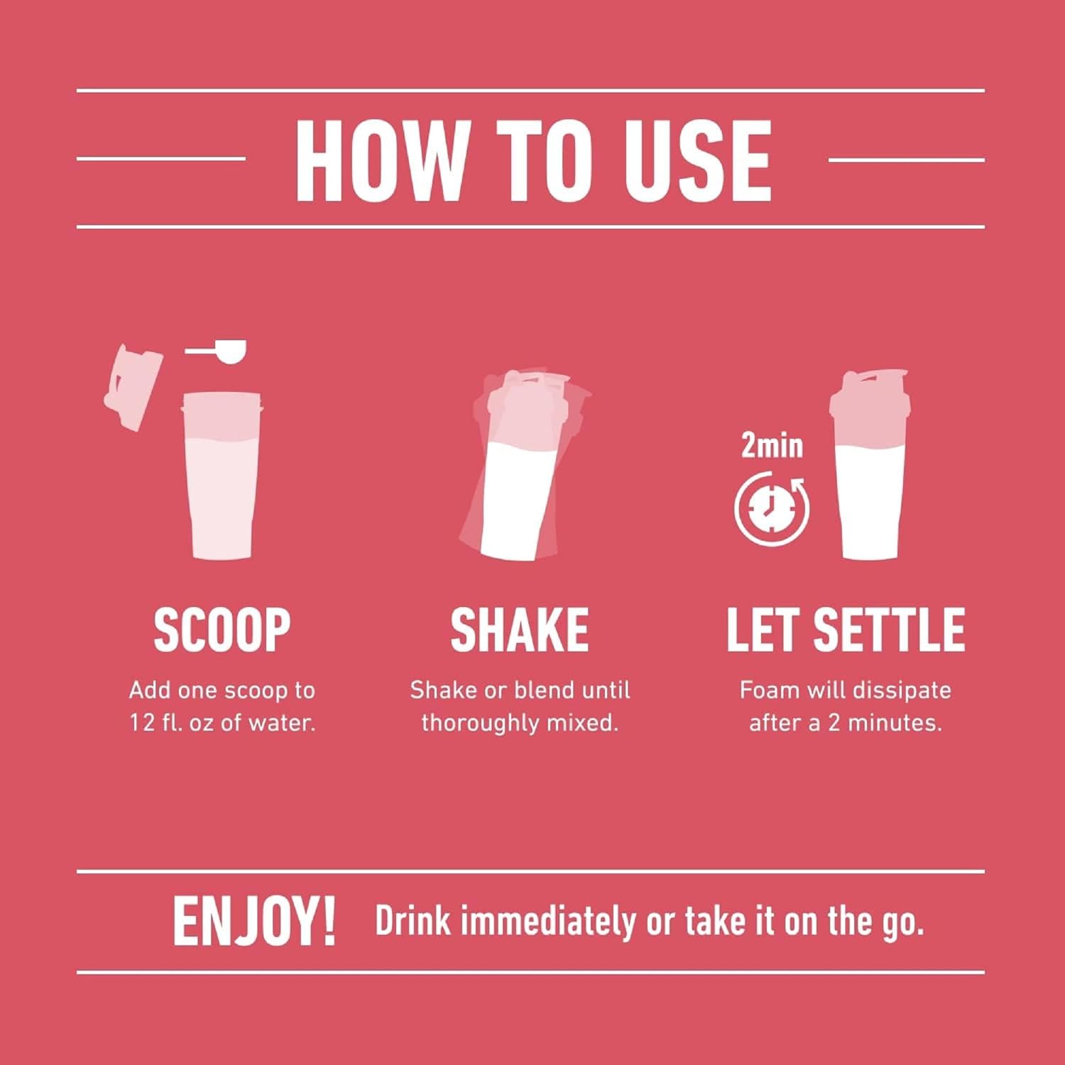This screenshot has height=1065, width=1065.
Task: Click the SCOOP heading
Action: tap(222, 629)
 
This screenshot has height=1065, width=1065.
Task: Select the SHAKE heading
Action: tap(519, 629)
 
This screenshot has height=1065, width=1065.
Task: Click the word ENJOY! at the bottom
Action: tap(253, 922)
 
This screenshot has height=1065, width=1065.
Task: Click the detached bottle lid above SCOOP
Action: tap(133, 387)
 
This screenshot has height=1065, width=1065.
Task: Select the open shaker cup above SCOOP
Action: tap(221, 476)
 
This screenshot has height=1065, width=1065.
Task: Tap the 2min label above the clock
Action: tap(772, 446)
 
